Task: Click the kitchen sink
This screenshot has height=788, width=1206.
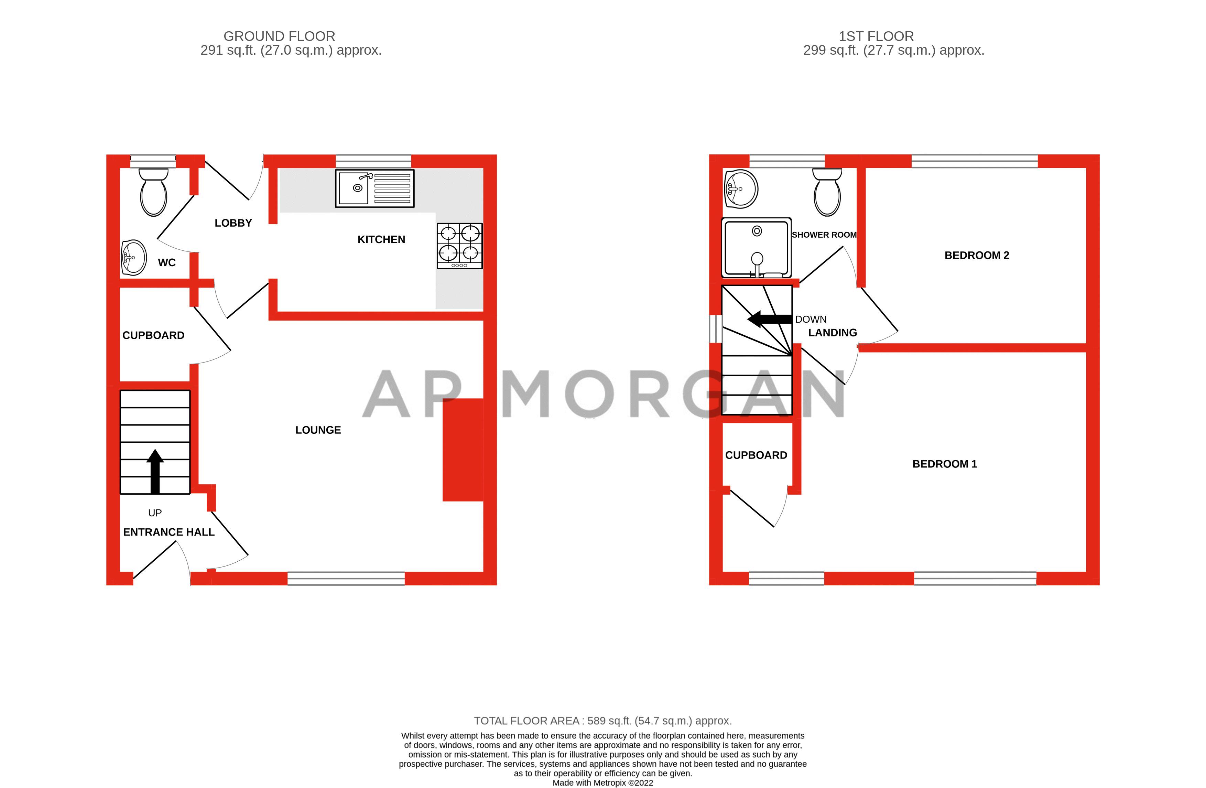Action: click(x=374, y=188)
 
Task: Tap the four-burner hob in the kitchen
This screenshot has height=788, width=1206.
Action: click(x=459, y=246)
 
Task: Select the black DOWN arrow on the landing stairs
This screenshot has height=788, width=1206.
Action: click(x=769, y=319)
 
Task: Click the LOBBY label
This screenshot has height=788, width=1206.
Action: click(x=233, y=223)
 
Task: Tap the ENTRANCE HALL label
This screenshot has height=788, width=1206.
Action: click(x=169, y=532)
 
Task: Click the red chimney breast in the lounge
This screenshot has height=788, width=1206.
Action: click(x=463, y=450)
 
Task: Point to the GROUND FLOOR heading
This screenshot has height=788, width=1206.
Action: click(x=279, y=36)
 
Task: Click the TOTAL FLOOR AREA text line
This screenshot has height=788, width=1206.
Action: click(x=602, y=721)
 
